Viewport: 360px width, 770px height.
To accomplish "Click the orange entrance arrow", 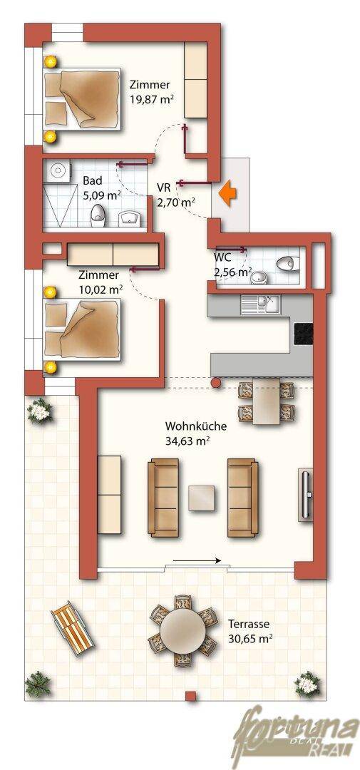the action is point(227,192).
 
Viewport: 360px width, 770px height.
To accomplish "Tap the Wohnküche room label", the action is point(196,426).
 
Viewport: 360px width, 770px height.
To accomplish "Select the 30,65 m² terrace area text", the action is point(250,639).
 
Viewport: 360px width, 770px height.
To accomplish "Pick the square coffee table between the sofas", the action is point(202,498).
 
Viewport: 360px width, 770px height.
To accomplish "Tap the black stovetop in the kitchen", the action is point(303,333).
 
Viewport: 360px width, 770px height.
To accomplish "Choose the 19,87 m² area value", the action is point(153,98).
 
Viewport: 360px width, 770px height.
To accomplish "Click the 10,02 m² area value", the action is point(101,289).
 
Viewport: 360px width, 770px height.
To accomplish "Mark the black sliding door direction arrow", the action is point(197,560).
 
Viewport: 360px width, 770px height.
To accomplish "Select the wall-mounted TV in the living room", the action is point(306,495).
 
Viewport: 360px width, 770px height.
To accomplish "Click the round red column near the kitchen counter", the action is point(215,382).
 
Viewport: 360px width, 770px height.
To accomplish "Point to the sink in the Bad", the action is point(130,218).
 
